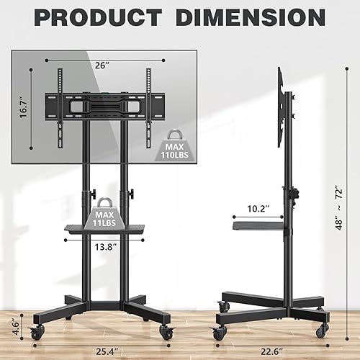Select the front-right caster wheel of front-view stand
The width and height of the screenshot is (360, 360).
tap(167, 331)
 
